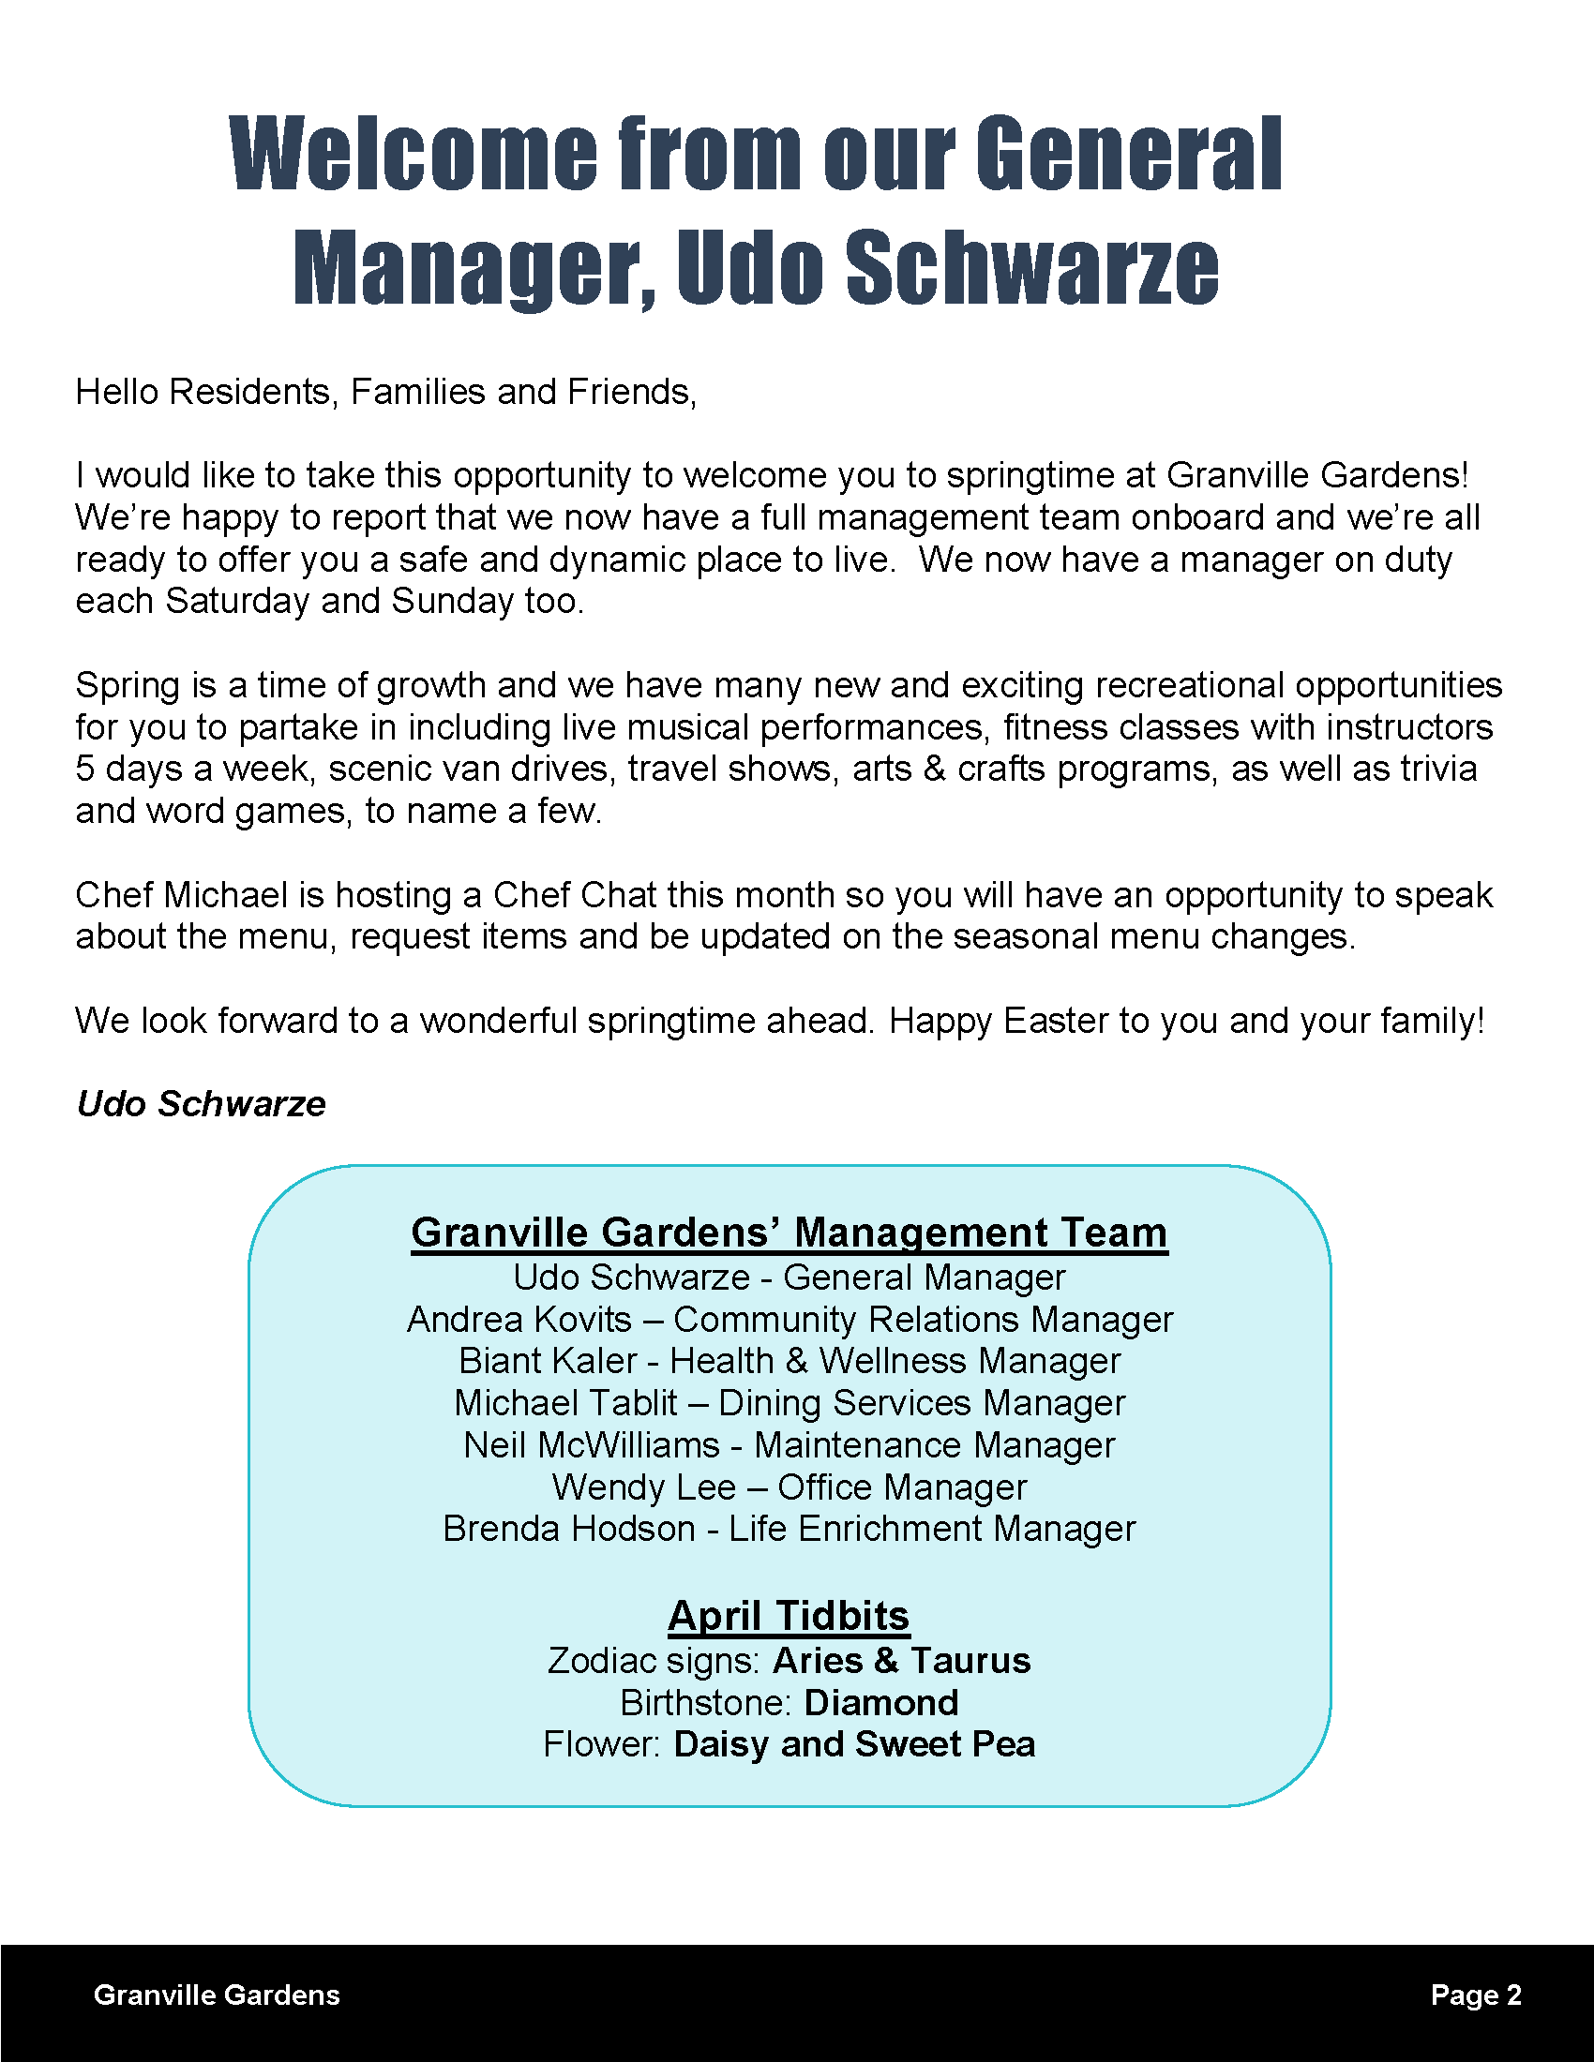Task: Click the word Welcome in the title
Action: (x=413, y=153)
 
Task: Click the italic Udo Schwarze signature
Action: (x=201, y=1104)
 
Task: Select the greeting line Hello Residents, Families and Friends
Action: (x=385, y=392)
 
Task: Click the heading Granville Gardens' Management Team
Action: (x=789, y=1233)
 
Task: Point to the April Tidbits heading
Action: (x=789, y=1617)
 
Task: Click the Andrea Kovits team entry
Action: (x=789, y=1319)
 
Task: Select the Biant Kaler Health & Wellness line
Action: (x=789, y=1361)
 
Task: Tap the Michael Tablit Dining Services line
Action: (x=789, y=1403)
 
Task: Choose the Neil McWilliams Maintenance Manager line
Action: (x=789, y=1445)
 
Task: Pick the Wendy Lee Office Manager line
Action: (x=789, y=1487)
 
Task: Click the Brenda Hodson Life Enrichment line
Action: (x=789, y=1529)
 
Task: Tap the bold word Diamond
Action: (x=881, y=1703)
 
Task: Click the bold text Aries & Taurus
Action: (x=901, y=1661)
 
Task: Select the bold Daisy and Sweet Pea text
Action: (x=853, y=1745)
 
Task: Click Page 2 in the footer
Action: (x=1475, y=1995)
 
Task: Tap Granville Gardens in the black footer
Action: (x=217, y=1995)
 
